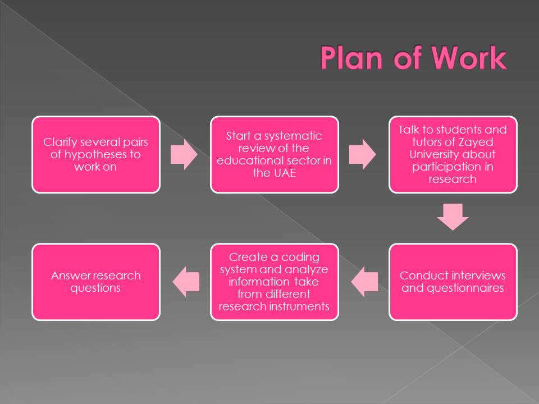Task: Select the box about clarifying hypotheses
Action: (95, 154)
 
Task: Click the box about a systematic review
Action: (274, 154)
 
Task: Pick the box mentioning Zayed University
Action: (453, 154)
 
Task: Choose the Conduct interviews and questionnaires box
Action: (453, 282)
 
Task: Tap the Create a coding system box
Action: (274, 282)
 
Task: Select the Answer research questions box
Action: (95, 282)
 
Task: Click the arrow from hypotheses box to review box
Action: (184, 154)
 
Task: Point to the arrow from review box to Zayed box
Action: (363, 154)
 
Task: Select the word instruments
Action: (302, 306)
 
